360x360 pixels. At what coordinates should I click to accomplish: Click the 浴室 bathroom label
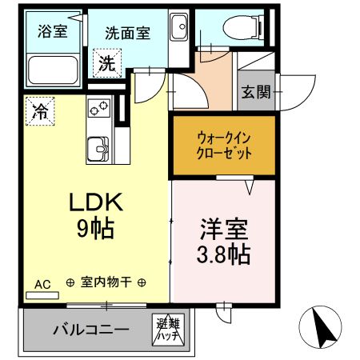(x=52, y=31)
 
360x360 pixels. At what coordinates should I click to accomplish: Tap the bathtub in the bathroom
(x=54, y=70)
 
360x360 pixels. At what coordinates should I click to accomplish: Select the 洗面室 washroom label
(x=128, y=34)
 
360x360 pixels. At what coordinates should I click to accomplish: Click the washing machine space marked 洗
(x=107, y=63)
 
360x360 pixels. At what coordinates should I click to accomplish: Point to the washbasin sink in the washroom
(x=179, y=26)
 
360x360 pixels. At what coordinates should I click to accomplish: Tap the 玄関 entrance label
(x=256, y=92)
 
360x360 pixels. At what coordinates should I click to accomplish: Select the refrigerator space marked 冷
(x=40, y=111)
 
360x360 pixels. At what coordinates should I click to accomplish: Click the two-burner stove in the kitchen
(x=99, y=108)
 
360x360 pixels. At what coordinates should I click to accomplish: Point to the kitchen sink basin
(x=98, y=149)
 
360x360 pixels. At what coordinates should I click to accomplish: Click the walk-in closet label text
(x=224, y=146)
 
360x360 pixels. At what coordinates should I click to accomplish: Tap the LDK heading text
(x=96, y=202)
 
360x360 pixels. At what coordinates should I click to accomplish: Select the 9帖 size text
(x=96, y=229)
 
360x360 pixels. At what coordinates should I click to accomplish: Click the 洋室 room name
(x=224, y=229)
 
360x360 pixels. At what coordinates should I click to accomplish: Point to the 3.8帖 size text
(x=223, y=254)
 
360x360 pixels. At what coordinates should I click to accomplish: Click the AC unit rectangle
(x=42, y=295)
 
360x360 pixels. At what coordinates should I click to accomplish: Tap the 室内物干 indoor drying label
(x=106, y=282)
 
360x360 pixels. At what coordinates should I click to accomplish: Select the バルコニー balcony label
(x=91, y=330)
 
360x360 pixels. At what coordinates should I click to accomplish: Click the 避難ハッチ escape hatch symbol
(x=168, y=330)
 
